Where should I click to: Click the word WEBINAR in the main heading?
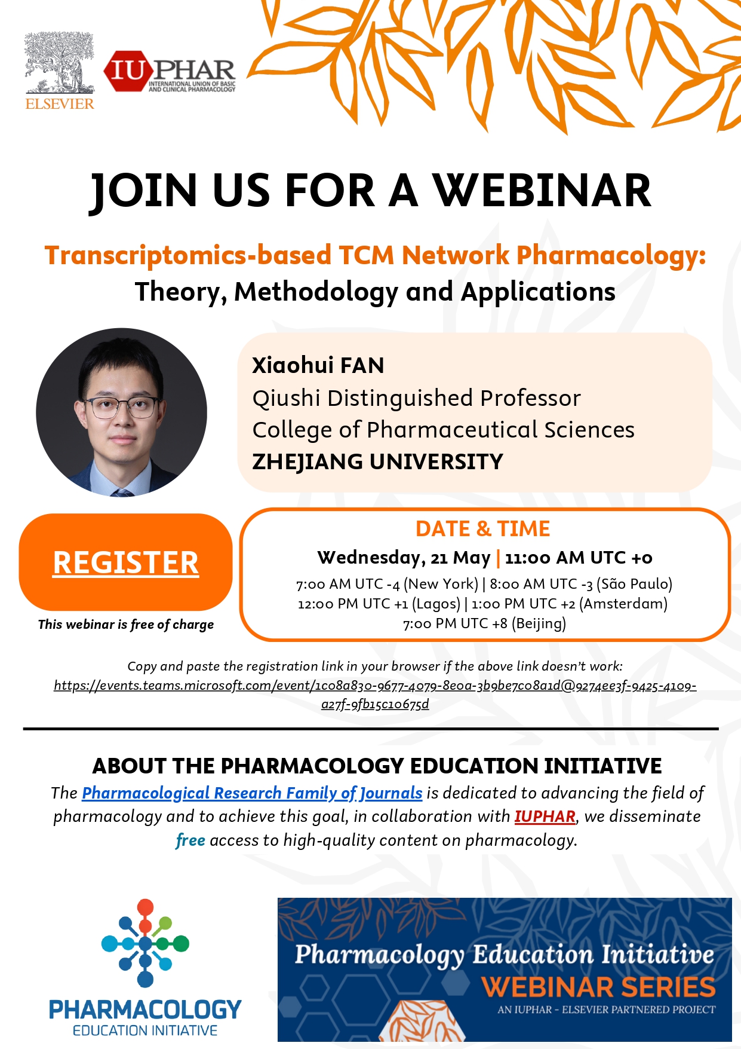(x=542, y=191)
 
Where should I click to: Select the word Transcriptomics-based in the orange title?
(x=188, y=256)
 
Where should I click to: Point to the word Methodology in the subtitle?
(x=316, y=292)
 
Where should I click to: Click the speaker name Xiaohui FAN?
(x=318, y=365)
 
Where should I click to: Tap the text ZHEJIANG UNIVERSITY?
(x=377, y=461)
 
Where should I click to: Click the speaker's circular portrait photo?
(x=122, y=412)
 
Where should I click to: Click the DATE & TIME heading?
(x=482, y=529)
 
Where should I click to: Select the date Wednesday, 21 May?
(x=404, y=558)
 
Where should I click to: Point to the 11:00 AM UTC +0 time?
(x=579, y=558)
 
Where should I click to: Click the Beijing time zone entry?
(x=484, y=623)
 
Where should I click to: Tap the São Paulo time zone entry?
(x=581, y=584)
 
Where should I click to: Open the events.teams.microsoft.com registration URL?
(x=375, y=695)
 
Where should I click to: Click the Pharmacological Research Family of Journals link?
(x=252, y=793)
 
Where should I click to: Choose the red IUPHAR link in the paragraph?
(x=545, y=816)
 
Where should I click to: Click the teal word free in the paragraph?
(x=190, y=840)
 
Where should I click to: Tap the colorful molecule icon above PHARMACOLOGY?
(x=145, y=943)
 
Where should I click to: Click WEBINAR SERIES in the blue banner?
(x=598, y=987)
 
